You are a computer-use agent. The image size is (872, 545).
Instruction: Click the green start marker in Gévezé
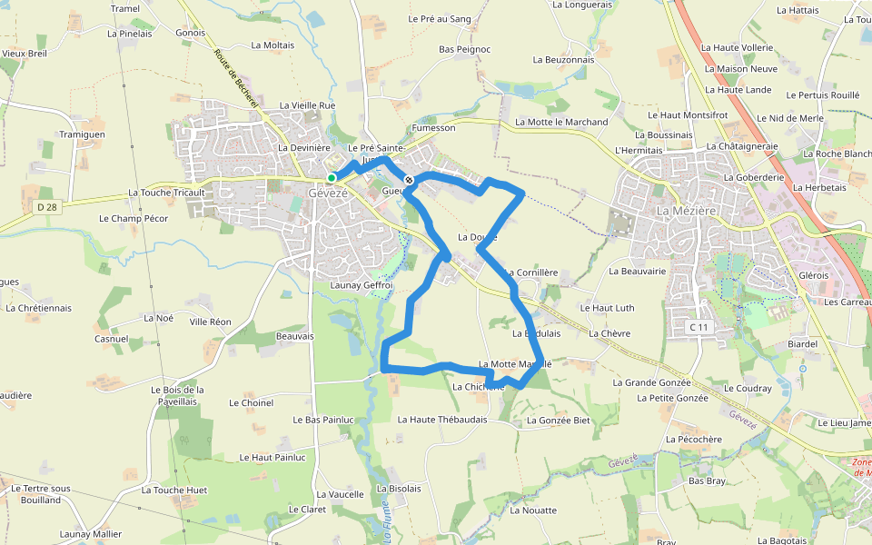pos(332,177)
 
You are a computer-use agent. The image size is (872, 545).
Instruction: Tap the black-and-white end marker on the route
pos(409,180)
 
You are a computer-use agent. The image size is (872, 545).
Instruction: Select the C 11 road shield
pos(698,327)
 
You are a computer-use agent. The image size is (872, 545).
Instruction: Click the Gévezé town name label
pos(328,193)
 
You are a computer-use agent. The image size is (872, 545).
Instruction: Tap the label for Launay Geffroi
pos(361,285)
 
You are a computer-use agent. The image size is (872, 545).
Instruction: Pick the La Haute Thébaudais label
pos(442,420)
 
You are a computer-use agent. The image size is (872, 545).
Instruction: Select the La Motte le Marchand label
pos(561,122)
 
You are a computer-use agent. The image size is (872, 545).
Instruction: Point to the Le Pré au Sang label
pos(440,18)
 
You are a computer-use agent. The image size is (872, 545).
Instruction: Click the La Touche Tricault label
pos(166,193)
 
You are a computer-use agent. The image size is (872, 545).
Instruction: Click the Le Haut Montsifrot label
pos(688,115)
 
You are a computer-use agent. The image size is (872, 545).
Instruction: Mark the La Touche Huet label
pos(174,490)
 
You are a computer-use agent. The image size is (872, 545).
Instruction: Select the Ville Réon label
pos(210,322)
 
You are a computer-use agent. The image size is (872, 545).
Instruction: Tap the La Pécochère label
pos(693,439)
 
